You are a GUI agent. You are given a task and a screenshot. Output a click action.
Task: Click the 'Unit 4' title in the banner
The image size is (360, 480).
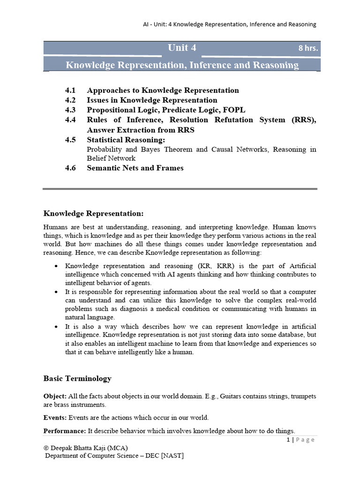click(182, 48)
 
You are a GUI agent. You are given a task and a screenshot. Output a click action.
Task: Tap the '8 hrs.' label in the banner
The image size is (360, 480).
click(309, 48)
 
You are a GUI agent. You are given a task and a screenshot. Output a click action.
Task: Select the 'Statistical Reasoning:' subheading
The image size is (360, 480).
click(126, 140)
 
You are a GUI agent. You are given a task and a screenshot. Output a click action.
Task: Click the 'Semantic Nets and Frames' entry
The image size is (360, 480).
click(135, 168)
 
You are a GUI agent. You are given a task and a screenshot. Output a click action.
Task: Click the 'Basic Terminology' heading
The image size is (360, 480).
click(77, 378)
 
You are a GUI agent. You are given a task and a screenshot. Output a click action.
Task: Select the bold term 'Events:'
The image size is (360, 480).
click(56, 417)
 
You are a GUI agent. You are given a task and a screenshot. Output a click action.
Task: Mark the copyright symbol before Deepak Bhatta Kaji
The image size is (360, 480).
click(46, 448)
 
